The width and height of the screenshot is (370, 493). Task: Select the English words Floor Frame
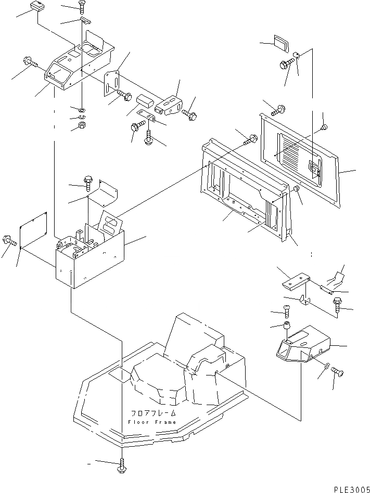tap(151, 421)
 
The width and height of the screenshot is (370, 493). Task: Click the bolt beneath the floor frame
tap(122, 464)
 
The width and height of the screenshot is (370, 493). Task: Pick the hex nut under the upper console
tap(81, 126)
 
